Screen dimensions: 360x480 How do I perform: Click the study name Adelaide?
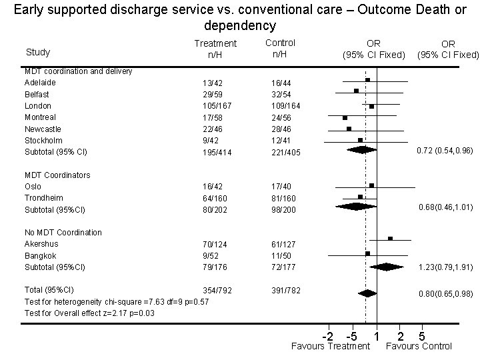click(x=40, y=83)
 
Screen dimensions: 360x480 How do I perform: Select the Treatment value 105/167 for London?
click(x=217, y=106)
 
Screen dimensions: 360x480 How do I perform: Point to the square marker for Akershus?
click(x=391, y=238)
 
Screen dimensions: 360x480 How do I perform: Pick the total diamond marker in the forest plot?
click(x=367, y=293)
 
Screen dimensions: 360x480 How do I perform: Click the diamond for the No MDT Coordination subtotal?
click(x=387, y=267)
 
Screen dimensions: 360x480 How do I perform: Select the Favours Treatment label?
click(x=331, y=346)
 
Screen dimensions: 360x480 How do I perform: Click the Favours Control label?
click(x=419, y=346)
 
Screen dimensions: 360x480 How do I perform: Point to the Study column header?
click(x=37, y=52)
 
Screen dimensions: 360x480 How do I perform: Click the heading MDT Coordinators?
click(x=57, y=175)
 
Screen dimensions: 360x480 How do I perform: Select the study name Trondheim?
click(x=43, y=198)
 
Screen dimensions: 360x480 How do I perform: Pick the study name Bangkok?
click(x=41, y=256)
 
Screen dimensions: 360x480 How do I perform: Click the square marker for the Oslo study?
click(x=371, y=185)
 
